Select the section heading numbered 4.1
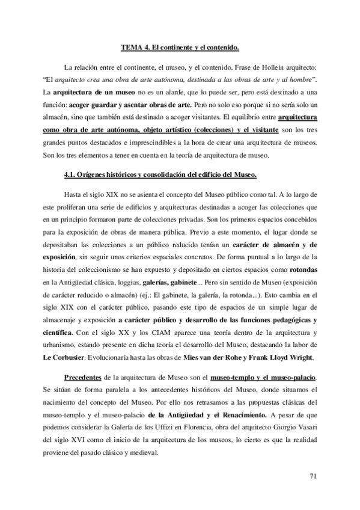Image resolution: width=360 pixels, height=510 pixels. click(x=160, y=174)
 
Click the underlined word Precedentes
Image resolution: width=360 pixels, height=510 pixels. click(x=83, y=376)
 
